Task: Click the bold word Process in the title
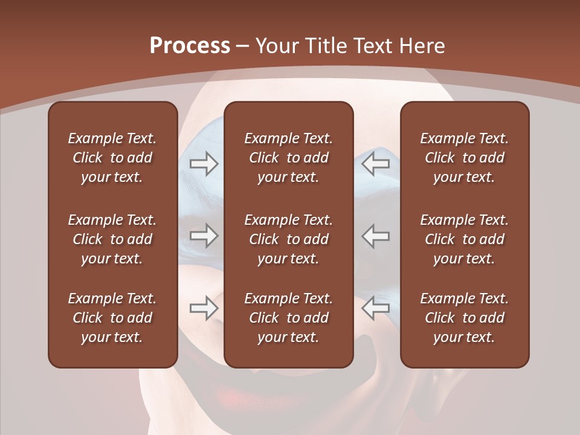click(190, 46)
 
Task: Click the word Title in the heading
click(324, 46)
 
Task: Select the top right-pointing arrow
click(204, 164)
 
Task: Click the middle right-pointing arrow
click(204, 236)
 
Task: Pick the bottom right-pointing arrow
click(204, 308)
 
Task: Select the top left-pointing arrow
click(376, 164)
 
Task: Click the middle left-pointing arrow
click(376, 236)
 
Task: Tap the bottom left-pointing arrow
click(376, 308)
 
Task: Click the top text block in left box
click(112, 158)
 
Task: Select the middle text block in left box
click(112, 239)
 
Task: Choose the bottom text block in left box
click(112, 318)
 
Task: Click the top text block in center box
click(288, 158)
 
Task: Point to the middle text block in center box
click(288, 239)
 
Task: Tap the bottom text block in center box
click(288, 318)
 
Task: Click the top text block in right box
click(465, 158)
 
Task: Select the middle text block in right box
click(465, 239)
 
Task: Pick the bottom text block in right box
click(465, 318)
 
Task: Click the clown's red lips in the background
click(199, 387)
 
